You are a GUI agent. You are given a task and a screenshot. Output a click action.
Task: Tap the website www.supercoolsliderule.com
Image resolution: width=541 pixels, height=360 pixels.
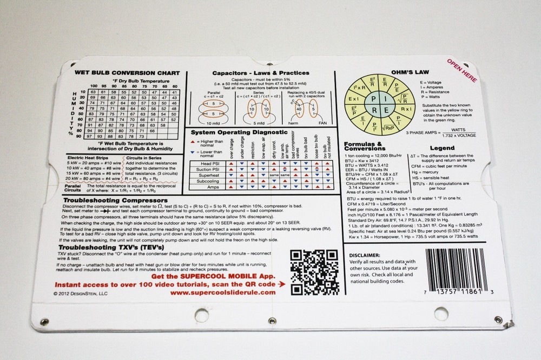225,292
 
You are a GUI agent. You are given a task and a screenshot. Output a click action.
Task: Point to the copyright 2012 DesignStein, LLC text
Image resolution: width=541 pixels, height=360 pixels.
81,293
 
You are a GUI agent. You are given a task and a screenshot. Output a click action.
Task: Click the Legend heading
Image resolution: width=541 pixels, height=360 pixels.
441,148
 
